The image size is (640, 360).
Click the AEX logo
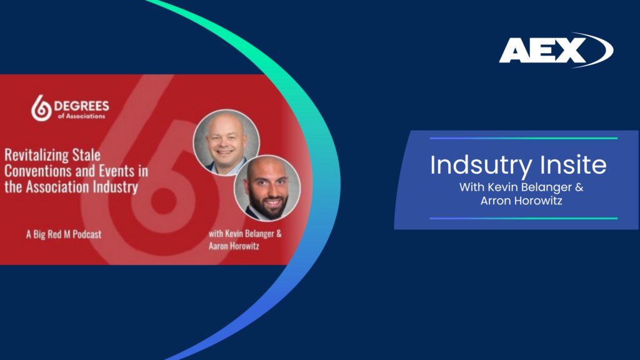tap(556, 50)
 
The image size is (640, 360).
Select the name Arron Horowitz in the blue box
tap(521, 201)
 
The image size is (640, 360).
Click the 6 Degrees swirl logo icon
tap(41, 108)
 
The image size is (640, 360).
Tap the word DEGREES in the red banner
tap(82, 106)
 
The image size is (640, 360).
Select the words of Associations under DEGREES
tap(82, 116)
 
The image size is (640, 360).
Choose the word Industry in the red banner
tap(116, 187)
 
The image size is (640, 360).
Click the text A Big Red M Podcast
tap(64, 234)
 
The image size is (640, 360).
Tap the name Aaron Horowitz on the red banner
tap(234, 246)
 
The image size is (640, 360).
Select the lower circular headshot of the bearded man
tap(267, 188)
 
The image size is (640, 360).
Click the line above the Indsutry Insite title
tap(524, 138)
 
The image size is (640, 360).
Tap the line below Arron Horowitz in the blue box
tap(524, 218)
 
